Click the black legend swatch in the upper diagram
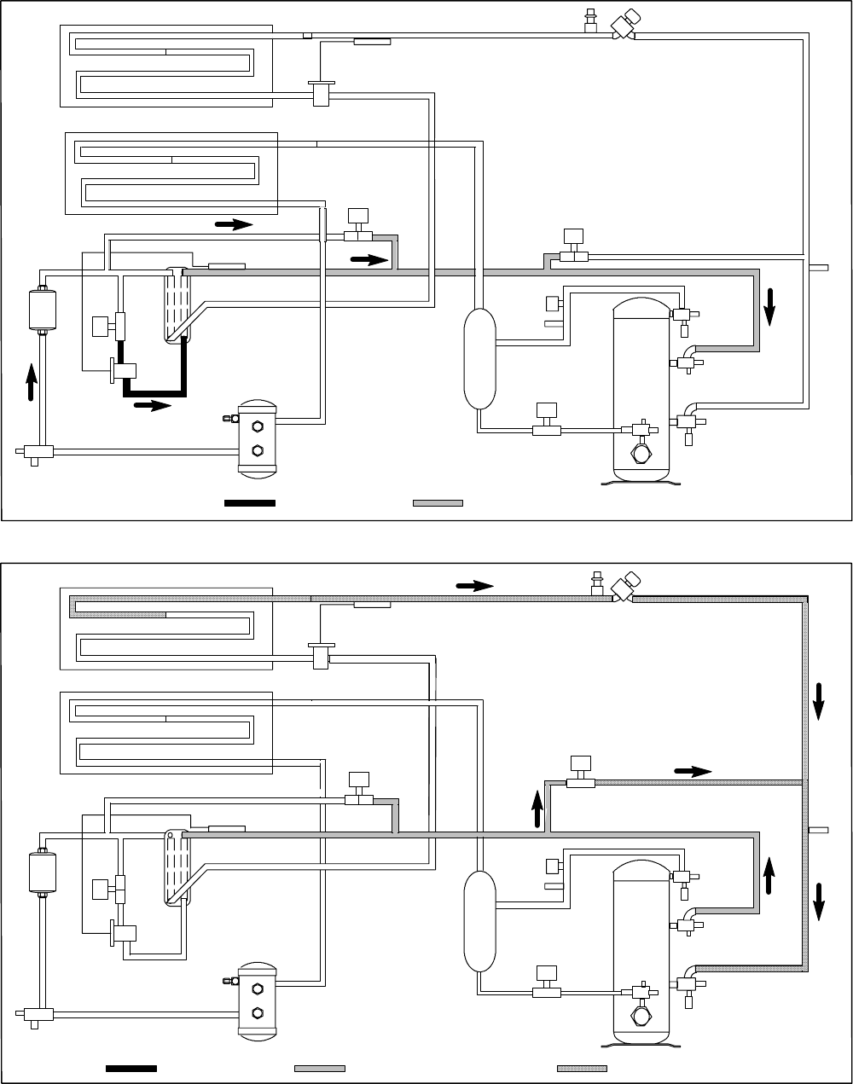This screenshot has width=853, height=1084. coord(250,503)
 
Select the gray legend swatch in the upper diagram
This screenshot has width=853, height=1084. coord(438,503)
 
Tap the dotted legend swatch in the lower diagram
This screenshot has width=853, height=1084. coord(582,1067)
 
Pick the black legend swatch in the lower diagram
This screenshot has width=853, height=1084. coord(131,1067)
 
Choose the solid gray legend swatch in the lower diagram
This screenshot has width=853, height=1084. coord(320,1067)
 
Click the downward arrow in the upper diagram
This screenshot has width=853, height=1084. coord(770,307)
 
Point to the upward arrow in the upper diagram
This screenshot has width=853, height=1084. coord(32,380)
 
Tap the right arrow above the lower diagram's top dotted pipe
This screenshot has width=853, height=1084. coord(475,585)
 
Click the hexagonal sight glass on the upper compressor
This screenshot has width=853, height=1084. coord(640,452)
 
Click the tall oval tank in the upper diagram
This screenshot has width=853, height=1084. coord(480,358)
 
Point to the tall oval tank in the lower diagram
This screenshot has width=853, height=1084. coord(479,921)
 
